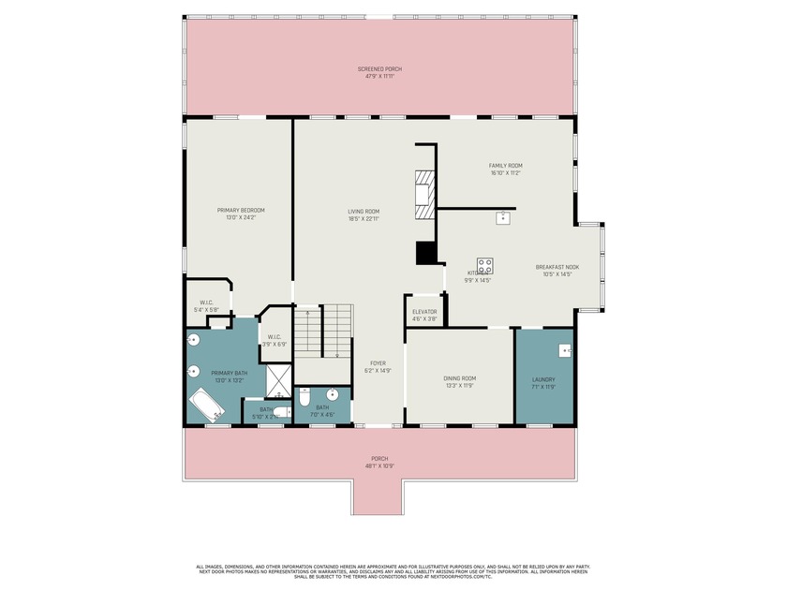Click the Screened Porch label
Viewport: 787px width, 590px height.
click(x=379, y=68)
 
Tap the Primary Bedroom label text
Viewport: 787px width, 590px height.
click(x=241, y=210)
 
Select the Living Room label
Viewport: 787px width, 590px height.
click(x=364, y=212)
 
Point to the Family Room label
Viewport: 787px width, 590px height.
click(x=506, y=165)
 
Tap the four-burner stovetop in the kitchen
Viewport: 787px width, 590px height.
click(x=485, y=265)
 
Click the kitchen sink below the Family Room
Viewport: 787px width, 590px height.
click(x=503, y=217)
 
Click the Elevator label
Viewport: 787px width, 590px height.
click(x=424, y=311)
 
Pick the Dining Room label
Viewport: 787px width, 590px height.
click(x=460, y=378)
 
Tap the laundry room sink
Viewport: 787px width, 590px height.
click(x=565, y=350)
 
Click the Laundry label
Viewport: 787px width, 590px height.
click(x=543, y=378)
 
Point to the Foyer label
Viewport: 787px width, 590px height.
click(x=378, y=363)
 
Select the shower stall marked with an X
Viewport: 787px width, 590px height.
click(x=278, y=382)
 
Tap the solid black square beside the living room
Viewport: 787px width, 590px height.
click(x=426, y=253)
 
